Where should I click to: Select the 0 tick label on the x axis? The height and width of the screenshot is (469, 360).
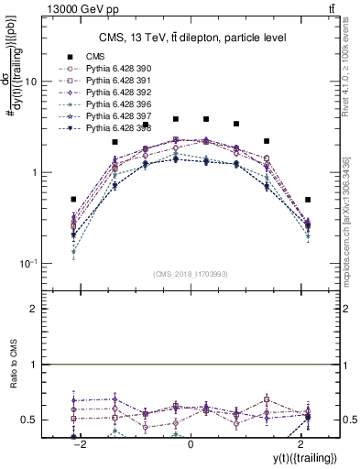[191, 444]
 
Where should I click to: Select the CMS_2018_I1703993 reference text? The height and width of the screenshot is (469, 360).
[191, 274]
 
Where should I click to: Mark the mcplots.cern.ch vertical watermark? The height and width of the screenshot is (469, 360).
[351, 211]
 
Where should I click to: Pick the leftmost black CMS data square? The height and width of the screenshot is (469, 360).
[74, 199]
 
